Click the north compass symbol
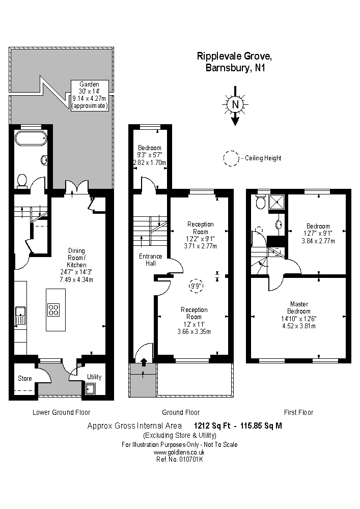click(235, 105)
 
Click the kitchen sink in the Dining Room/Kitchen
click(20, 315)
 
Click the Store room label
click(25, 379)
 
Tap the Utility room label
click(94, 377)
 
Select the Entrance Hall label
click(150, 260)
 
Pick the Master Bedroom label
click(298, 307)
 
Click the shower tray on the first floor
click(279, 202)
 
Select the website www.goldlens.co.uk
click(179, 452)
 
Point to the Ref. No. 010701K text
click(179, 459)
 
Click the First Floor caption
click(298, 412)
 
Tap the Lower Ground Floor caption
click(61, 412)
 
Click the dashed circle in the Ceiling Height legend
click(231, 158)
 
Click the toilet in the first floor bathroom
click(261, 203)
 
